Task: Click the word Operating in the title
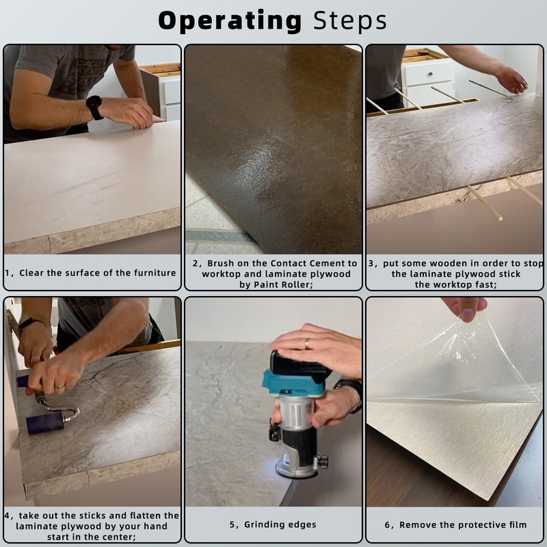[230, 21]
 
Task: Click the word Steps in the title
[350, 21]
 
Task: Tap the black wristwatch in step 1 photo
[94, 107]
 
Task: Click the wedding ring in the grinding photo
[307, 344]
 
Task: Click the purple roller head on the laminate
[45, 423]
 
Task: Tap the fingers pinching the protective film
[464, 307]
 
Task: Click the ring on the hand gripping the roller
[60, 386]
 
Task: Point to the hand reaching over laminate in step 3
[510, 80]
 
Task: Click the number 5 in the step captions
[232, 524]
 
